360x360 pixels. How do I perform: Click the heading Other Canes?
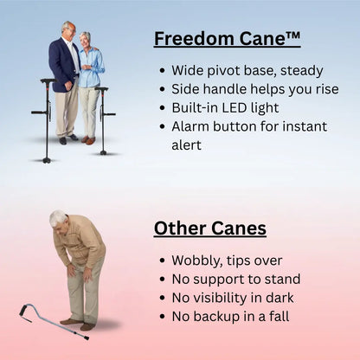click(x=209, y=228)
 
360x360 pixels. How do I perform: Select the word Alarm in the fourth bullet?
click(x=192, y=126)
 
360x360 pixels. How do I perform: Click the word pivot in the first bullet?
click(x=228, y=70)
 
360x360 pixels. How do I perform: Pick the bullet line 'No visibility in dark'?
click(x=232, y=298)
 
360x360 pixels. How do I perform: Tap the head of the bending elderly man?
click(x=58, y=220)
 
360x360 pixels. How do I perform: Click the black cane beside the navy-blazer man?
click(x=45, y=117)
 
